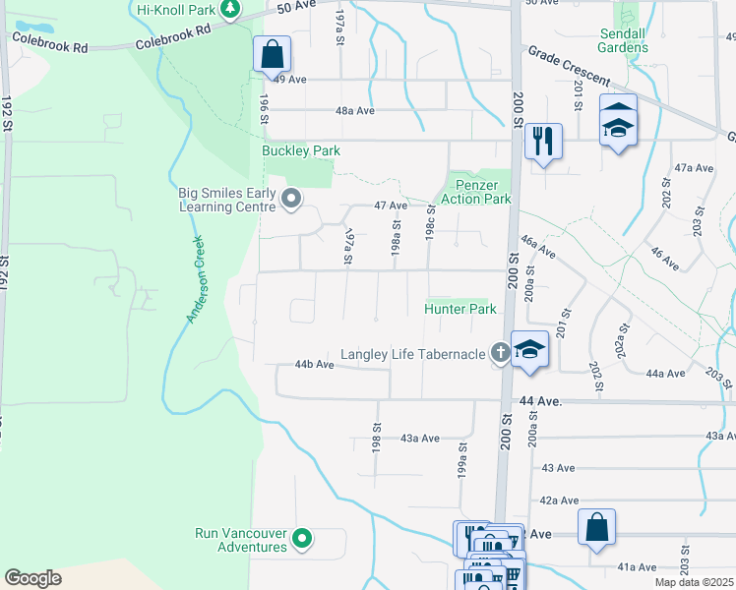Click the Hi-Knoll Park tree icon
coord(229,9)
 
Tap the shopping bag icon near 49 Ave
coord(273,55)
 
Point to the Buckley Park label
coord(301,151)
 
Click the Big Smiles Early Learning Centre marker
coord(291,200)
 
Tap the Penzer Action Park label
coord(481,192)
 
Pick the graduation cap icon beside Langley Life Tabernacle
coord(529,349)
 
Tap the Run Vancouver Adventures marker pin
coord(303,540)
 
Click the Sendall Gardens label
coord(622,40)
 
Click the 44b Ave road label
coord(315,365)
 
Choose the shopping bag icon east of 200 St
coord(597,528)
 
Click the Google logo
coord(32,577)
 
